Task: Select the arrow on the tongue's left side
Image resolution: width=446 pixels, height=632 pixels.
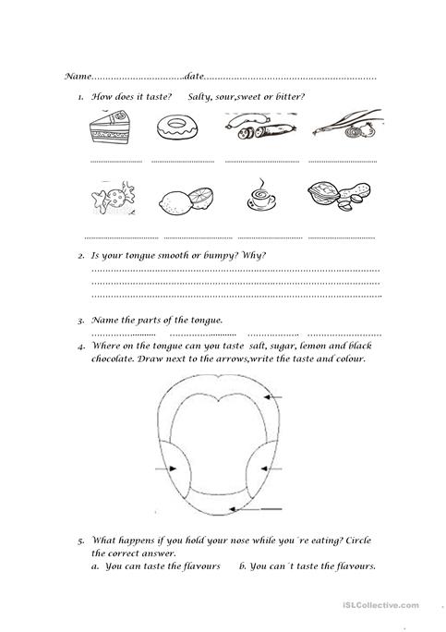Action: (167, 469)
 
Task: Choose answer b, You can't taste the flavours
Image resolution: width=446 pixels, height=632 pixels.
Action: (307, 566)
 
